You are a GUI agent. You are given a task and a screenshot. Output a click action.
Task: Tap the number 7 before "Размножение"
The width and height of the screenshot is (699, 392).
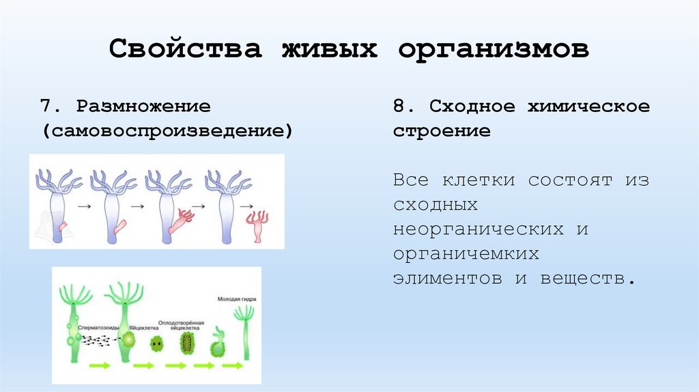(x=46, y=107)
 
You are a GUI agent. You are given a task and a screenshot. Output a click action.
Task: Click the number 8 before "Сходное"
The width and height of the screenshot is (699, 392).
(x=399, y=107)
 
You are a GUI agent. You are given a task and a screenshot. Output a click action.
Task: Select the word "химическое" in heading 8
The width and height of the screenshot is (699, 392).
(x=588, y=107)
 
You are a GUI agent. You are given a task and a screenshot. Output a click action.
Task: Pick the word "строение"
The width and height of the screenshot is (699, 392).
(x=442, y=130)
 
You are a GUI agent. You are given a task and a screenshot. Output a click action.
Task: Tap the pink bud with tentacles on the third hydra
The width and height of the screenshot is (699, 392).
(x=182, y=218)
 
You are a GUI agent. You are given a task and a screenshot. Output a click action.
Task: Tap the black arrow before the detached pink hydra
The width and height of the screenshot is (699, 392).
(x=248, y=205)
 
